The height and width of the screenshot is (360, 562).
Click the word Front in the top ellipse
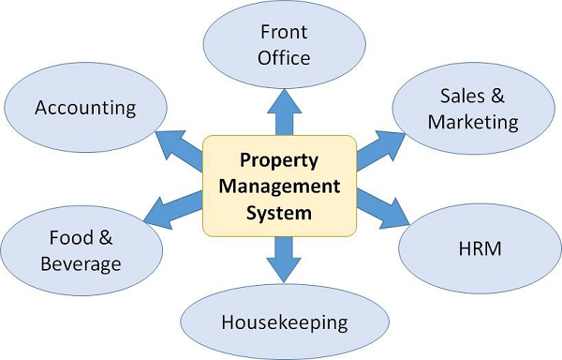(x=284, y=32)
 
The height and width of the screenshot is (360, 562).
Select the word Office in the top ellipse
(x=284, y=58)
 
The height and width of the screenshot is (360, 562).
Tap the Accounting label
(x=85, y=108)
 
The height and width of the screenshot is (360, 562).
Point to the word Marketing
(x=473, y=123)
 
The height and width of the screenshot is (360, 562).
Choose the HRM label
(x=480, y=248)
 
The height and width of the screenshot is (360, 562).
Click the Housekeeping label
(x=285, y=322)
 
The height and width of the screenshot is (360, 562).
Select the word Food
(x=71, y=238)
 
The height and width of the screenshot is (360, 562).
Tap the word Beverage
(x=81, y=264)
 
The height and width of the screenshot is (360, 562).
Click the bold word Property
(x=279, y=160)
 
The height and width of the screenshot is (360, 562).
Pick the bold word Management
(x=279, y=187)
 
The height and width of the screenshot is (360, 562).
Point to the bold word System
(x=279, y=213)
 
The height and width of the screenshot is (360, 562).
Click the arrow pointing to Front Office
(x=284, y=112)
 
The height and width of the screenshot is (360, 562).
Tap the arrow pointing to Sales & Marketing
(x=381, y=150)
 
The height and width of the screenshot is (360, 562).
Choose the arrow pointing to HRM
(x=383, y=209)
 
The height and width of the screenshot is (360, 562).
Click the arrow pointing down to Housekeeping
(x=284, y=260)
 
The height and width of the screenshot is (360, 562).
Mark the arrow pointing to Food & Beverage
(x=173, y=210)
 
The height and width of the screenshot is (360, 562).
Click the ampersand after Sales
(x=497, y=96)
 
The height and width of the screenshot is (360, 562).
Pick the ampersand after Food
(x=106, y=238)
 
